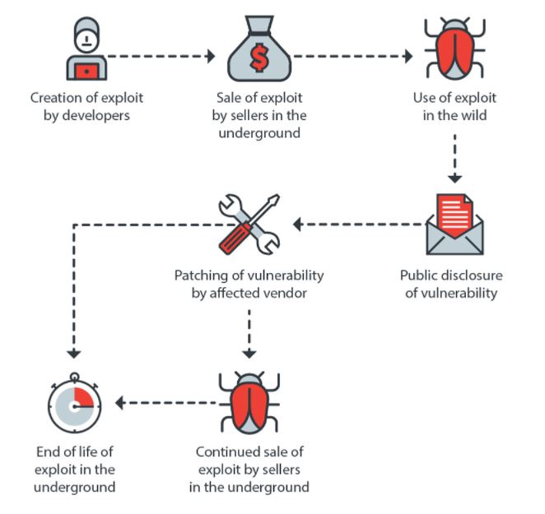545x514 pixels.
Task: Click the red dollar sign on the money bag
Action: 259,58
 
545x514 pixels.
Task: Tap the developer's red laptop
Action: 86,72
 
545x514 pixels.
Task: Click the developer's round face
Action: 87,40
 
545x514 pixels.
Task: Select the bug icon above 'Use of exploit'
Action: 454,49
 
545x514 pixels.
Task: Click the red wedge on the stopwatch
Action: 84,397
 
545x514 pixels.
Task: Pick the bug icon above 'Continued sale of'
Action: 249,403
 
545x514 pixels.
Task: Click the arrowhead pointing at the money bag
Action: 211,56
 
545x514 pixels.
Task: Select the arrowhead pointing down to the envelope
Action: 454,179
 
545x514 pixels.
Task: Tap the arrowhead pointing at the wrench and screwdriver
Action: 297,225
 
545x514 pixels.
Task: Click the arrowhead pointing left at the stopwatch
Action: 120,403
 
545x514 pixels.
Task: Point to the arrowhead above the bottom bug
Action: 249,354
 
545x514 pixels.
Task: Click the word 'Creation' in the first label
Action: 56,98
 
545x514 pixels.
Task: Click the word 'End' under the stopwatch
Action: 49,451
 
